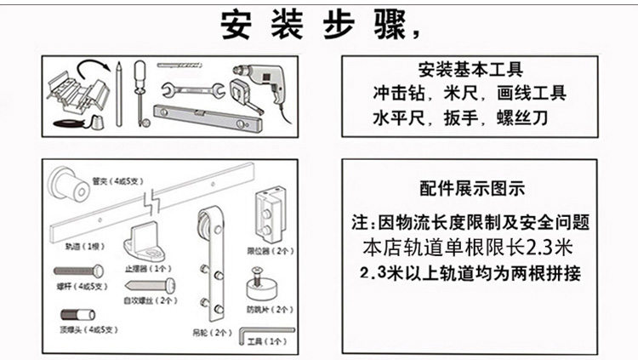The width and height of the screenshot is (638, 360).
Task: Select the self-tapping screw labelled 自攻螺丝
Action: point(159,284)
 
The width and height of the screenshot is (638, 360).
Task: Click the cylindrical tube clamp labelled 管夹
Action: point(66,184)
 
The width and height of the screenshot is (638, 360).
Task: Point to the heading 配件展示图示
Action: point(472,188)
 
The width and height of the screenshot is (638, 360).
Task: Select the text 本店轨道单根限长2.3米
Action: point(470,249)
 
